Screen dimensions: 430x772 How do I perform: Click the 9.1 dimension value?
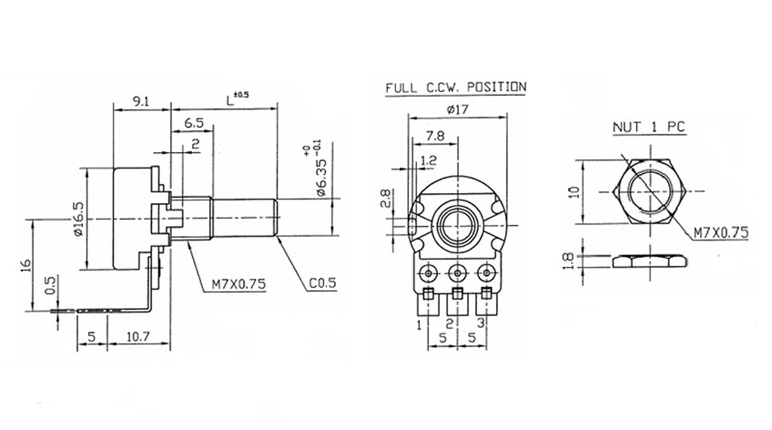[x=141, y=102]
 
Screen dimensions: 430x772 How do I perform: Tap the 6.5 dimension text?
[x=194, y=123]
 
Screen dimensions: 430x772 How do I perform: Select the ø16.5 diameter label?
[x=79, y=219]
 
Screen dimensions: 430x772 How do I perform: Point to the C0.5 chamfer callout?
[x=322, y=283]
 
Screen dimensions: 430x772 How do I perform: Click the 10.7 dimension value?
[x=138, y=337]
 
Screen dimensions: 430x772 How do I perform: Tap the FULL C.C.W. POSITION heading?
[x=456, y=87]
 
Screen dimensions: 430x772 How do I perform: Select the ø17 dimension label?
[x=457, y=109]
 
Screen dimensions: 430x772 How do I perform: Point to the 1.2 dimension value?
[x=428, y=161]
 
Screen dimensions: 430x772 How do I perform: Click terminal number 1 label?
[x=419, y=325]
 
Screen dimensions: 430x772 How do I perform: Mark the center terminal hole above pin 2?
[x=457, y=273]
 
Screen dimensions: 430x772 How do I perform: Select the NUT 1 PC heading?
[x=649, y=127]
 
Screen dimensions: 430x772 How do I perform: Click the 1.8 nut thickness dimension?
[x=569, y=261]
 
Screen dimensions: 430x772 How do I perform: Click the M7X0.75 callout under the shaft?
[x=238, y=284]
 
